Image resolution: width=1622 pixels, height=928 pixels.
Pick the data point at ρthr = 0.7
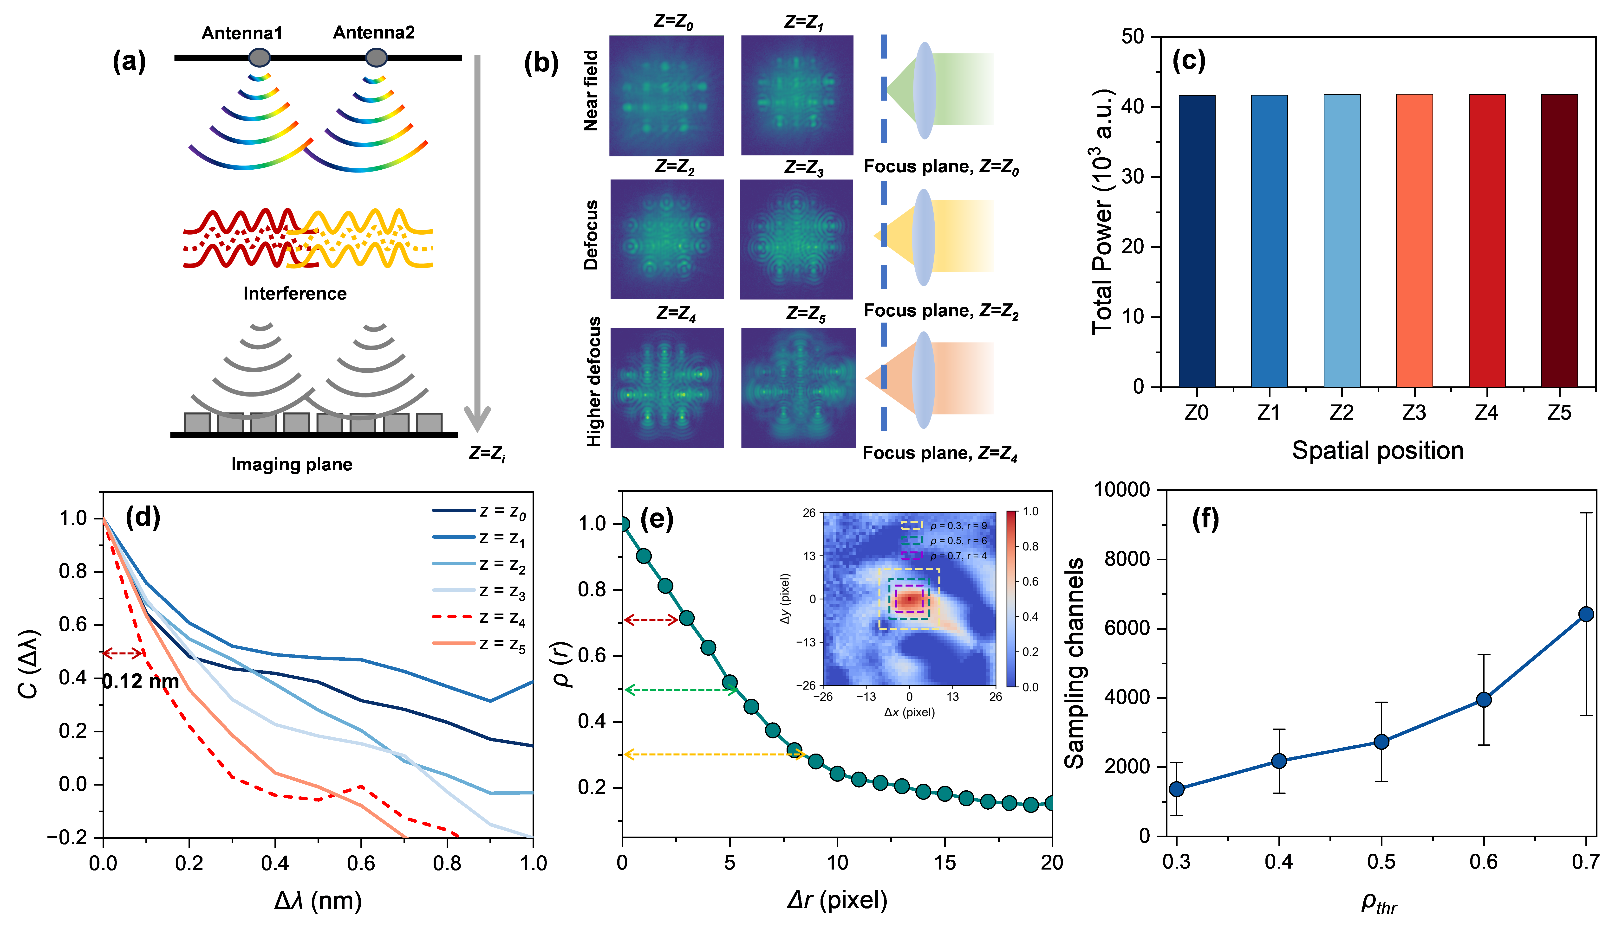1586,614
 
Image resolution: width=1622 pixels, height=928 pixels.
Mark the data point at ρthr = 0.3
1177,789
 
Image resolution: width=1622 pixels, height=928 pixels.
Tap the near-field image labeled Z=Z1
797,96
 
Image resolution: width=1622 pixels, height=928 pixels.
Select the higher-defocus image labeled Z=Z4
667,388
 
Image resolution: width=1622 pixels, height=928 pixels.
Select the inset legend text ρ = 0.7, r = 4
958,556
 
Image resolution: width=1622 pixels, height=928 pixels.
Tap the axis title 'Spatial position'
1377,451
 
